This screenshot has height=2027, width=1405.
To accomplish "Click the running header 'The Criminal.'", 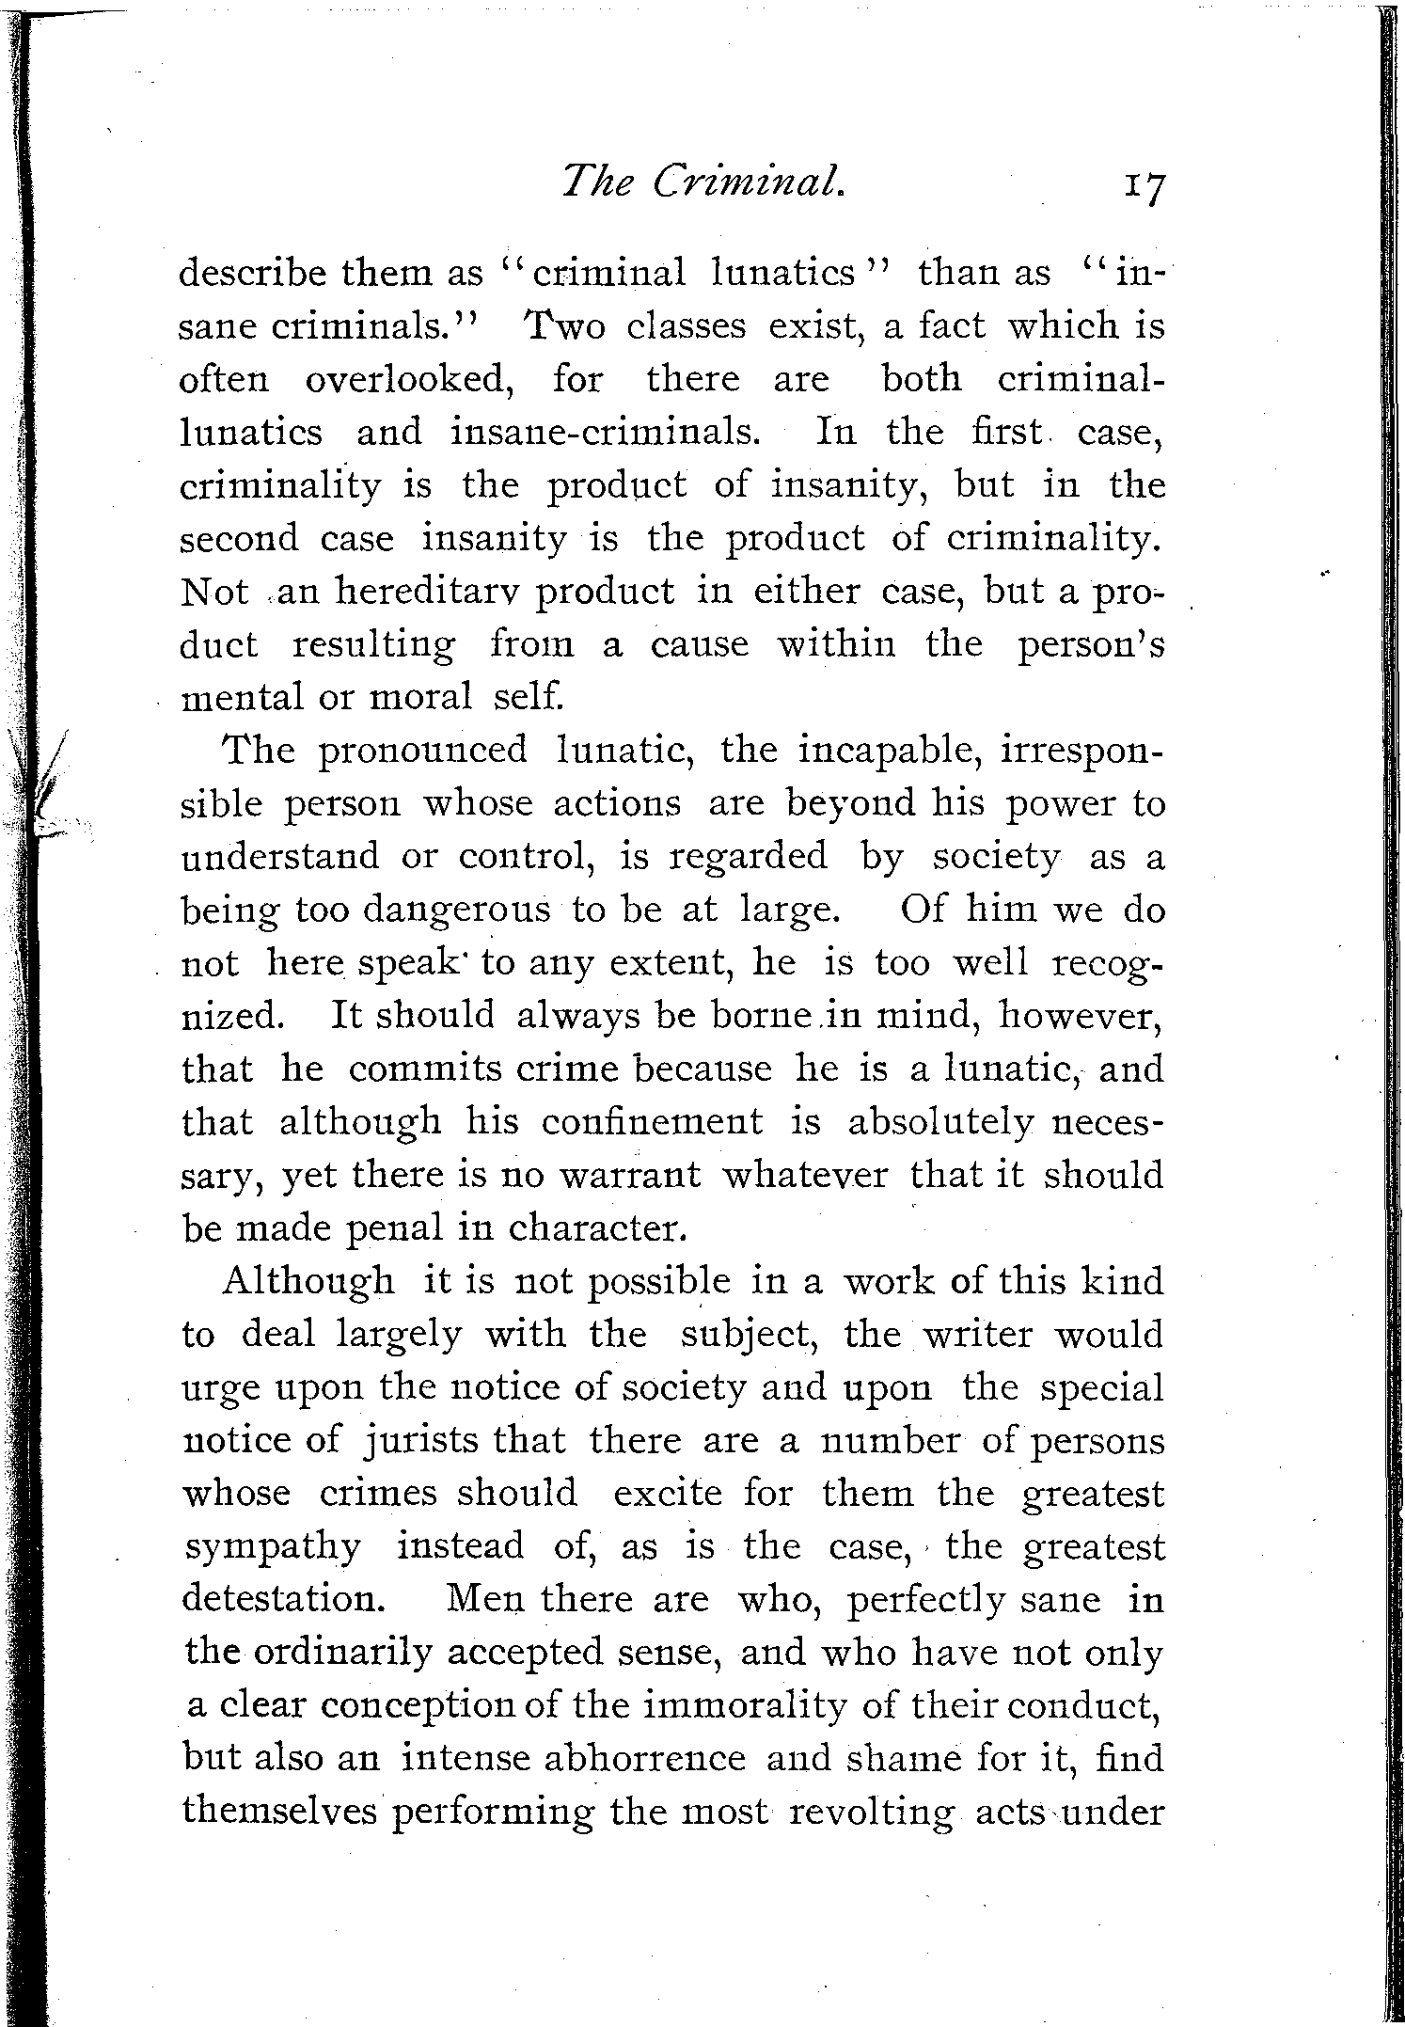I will (703, 178).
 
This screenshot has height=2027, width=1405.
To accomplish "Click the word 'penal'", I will (392, 1229).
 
